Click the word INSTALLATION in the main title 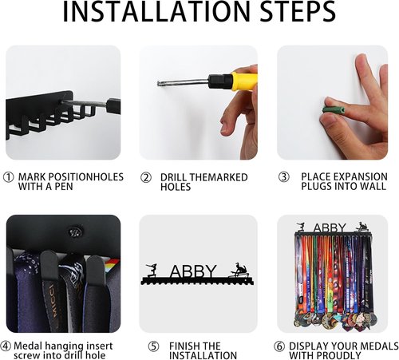(156, 12)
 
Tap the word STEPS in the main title (298, 12)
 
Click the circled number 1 (8, 177)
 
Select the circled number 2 (146, 177)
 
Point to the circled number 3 (284, 177)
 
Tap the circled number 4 (6, 346)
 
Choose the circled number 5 (153, 346)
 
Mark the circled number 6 (279, 346)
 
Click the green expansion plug (334, 109)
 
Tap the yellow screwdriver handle (244, 81)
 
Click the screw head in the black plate (76, 232)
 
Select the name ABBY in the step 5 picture (193, 271)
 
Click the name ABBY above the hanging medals (330, 228)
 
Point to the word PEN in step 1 (64, 187)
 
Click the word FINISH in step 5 (182, 346)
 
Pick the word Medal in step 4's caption (28, 346)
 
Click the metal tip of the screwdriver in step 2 (159, 84)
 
